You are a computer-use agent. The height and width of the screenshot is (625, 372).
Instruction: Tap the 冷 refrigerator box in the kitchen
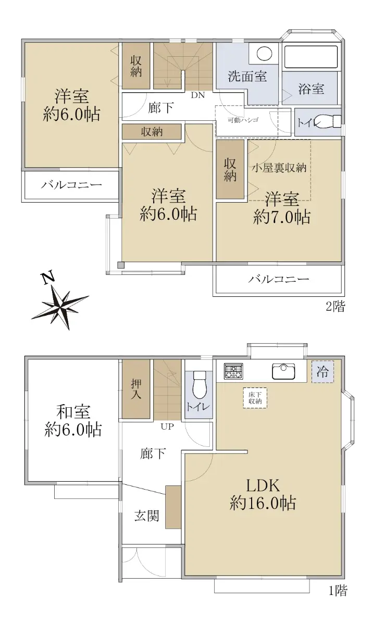pos(323,372)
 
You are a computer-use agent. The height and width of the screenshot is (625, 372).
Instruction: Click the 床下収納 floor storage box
pos(255,398)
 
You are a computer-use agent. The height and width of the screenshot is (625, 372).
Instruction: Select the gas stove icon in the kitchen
pos(233,371)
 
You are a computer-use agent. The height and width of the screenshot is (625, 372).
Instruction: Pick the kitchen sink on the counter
pos(283,371)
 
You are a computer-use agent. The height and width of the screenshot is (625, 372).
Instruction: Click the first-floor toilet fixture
pos(199,384)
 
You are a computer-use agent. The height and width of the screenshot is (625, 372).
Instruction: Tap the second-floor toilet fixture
pos(329,122)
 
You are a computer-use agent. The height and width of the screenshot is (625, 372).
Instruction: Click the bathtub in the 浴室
pos(311,57)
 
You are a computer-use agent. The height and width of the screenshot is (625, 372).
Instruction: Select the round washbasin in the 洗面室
pos(264,53)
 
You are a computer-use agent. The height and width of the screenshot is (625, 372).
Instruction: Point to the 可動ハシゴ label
pos(243,120)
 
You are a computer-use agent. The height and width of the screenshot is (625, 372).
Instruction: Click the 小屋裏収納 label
pos(279,168)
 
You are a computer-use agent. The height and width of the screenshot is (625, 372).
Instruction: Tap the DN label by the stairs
pos(198,95)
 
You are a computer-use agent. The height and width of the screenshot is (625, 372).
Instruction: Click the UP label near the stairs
pos(167,427)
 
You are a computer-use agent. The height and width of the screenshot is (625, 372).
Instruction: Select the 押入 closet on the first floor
pos(136,389)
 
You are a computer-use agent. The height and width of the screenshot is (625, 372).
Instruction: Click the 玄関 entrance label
pos(147,516)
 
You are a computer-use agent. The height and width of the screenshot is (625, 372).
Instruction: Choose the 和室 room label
pos(73,412)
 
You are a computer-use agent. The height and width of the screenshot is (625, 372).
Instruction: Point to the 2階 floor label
pos(336,307)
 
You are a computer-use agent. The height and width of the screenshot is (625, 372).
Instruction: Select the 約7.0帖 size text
pos(282,217)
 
